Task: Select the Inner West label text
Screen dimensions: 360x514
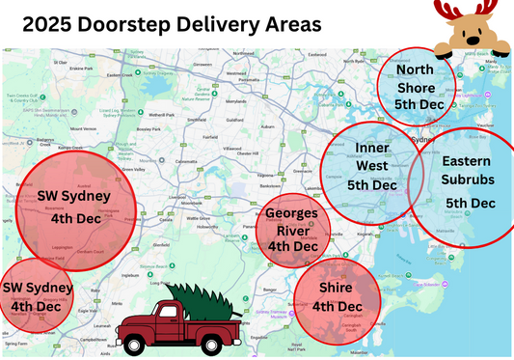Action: [x=371, y=156]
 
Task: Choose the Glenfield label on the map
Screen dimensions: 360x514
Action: [x=159, y=244]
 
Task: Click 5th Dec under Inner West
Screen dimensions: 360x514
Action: [x=371, y=184]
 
